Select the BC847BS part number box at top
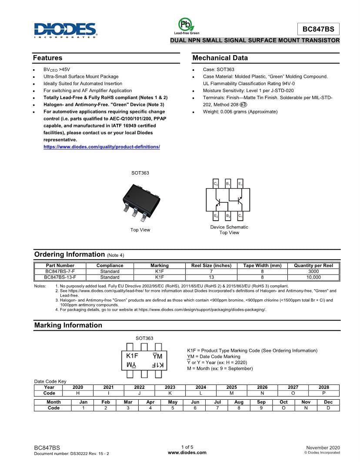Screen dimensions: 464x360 coord(318,29)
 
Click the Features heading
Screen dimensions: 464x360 coord(48,58)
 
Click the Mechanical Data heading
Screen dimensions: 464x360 coord(220,58)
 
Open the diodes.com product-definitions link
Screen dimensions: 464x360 coord(102,147)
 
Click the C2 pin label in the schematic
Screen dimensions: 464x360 coord(216,184)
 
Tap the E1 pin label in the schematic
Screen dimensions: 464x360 coord(240,184)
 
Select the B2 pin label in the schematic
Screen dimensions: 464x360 coord(228,215)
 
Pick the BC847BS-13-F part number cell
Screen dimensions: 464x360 coord(60,277)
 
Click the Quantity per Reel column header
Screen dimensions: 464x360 coord(313,265)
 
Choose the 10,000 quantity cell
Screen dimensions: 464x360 coord(313,277)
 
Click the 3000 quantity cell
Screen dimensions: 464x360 coord(313,271)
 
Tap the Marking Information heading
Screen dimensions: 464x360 coord(68,325)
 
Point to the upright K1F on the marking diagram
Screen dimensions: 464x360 coord(132,356)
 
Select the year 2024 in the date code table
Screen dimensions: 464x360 coord(201,387)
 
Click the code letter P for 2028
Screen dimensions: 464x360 coord(324,393)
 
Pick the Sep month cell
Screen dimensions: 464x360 coord(261,402)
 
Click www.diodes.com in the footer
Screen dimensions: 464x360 coord(187,452)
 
